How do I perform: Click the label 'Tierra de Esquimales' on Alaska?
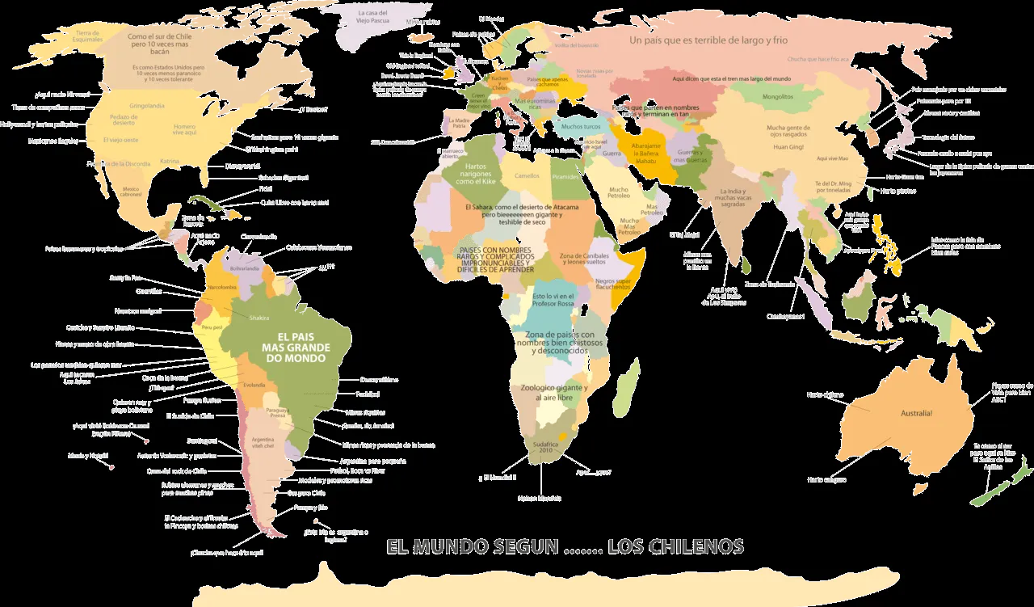click(88, 35)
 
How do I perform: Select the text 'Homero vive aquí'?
click(185, 129)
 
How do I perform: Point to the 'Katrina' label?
click(170, 161)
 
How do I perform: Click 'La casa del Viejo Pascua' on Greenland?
click(373, 18)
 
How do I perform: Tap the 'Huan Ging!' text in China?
click(788, 147)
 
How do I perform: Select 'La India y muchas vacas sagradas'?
click(733, 198)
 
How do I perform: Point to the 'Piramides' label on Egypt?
click(566, 177)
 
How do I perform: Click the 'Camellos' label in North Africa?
click(527, 175)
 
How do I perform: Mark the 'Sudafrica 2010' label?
click(541, 449)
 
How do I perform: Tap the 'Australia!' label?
click(916, 413)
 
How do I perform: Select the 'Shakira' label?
click(258, 318)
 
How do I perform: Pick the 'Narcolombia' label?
click(222, 287)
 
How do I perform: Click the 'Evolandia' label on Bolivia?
click(254, 385)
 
